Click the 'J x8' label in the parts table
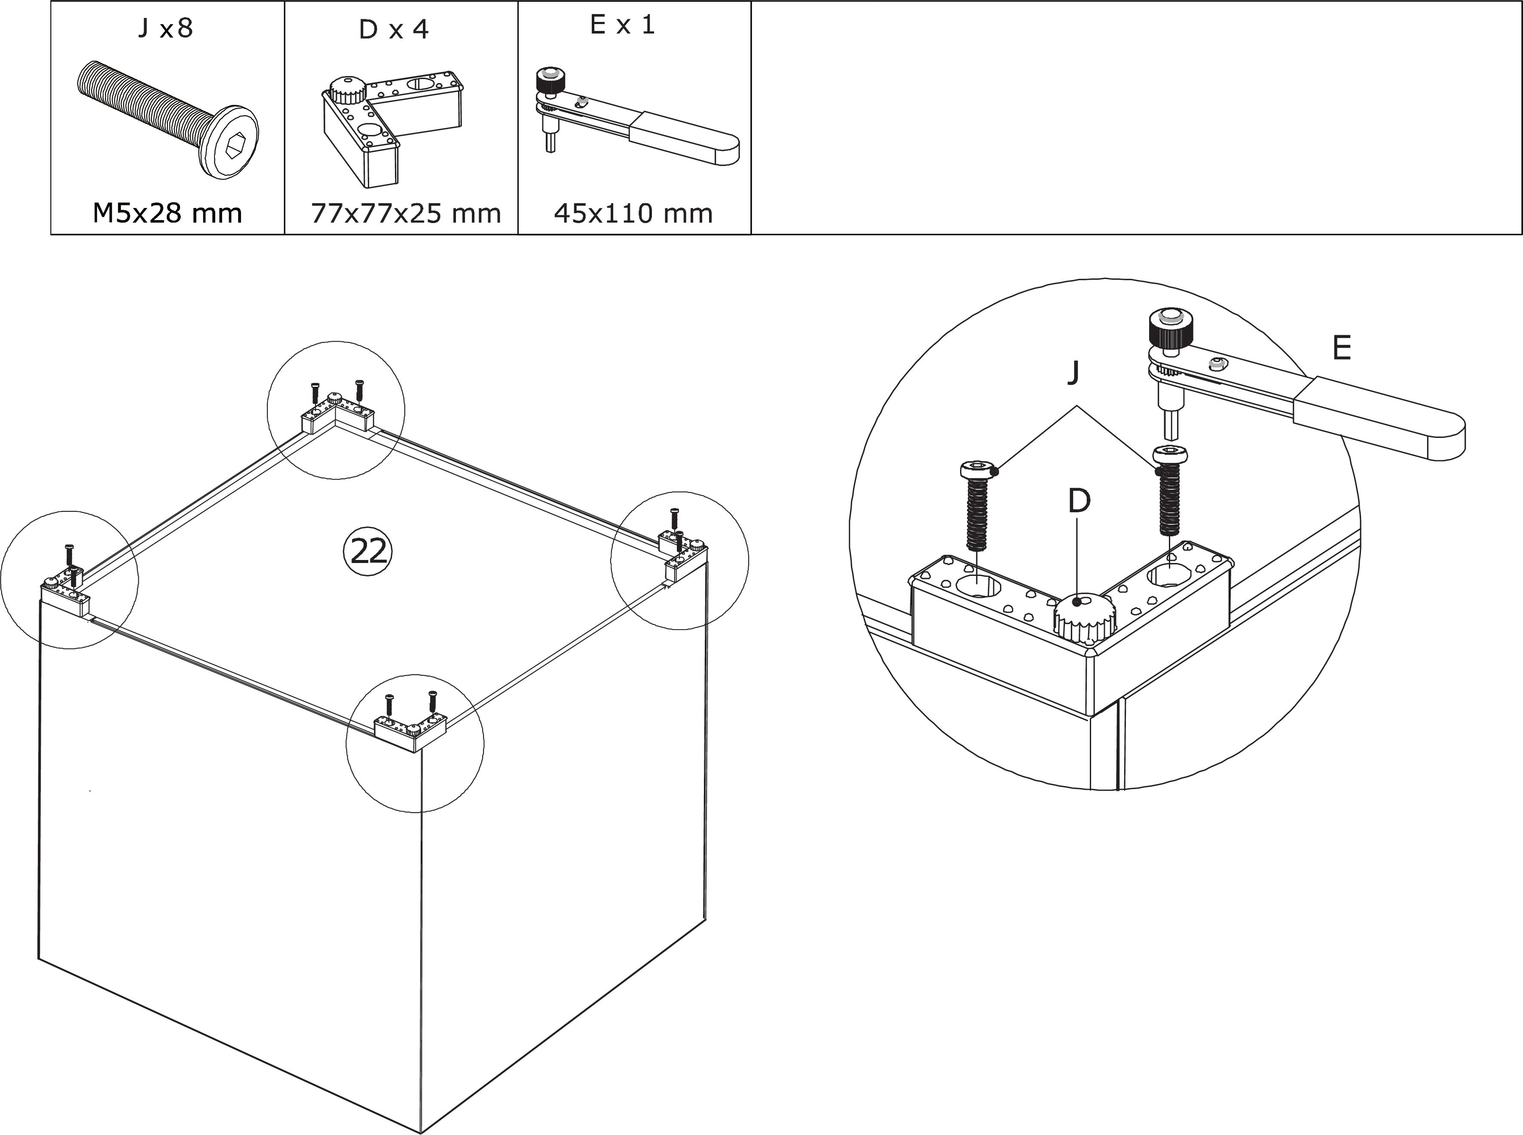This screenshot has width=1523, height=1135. coord(165,29)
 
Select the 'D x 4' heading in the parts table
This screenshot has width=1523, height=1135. coord(394,30)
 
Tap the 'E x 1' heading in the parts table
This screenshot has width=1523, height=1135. coord(622,25)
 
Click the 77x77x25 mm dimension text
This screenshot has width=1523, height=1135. coord(406,214)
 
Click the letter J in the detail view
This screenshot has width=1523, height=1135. coord(1074,372)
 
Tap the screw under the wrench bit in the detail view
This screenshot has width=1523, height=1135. coord(1170,490)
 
